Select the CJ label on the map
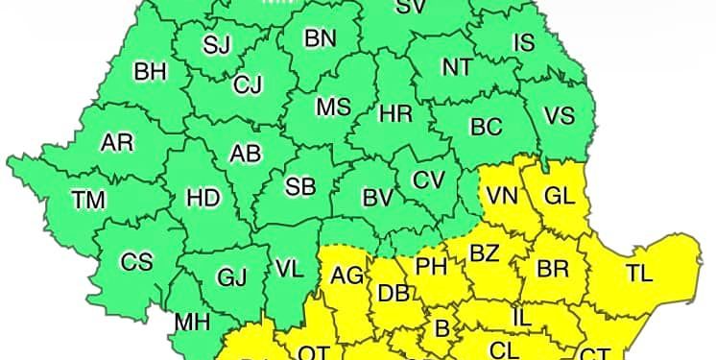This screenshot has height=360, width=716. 248,85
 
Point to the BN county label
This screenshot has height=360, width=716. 320,38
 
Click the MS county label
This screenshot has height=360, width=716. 333,108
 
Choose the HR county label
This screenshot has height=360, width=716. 395,113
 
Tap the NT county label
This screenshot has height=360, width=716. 457,67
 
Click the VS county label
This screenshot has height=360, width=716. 559,115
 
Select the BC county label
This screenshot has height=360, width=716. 486,126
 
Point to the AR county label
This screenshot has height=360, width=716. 117,143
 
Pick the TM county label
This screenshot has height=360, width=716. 88,200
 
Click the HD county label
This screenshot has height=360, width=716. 203,198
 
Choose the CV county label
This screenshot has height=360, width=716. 428,180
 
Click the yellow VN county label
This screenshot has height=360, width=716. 502,196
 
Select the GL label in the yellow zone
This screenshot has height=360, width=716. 559,196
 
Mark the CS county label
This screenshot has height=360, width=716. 136,261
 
